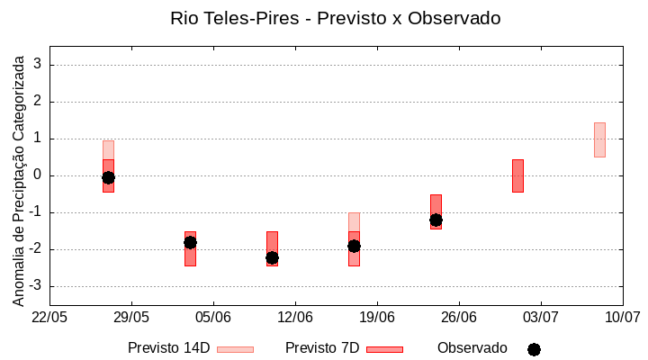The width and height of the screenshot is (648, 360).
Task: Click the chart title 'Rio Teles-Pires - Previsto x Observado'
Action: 335,18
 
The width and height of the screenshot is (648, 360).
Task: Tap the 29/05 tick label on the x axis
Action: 131,318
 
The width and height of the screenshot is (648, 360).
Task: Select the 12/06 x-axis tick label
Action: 295,318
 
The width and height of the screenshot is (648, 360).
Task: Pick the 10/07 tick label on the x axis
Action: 622,318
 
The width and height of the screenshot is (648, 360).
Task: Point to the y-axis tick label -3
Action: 36,286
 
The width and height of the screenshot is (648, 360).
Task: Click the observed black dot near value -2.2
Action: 272,257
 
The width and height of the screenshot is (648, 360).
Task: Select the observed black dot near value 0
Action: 108,177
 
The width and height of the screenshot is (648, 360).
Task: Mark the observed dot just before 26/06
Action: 436,220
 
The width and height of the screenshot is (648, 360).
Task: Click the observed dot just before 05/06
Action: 190,242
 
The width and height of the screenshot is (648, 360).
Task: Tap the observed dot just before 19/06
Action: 354,246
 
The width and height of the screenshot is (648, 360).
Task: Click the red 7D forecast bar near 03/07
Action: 517,175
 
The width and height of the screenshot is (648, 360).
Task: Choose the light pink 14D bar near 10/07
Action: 599,139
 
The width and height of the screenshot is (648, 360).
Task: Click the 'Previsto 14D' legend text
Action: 168,348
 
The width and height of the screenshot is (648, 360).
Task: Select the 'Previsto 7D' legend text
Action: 322,348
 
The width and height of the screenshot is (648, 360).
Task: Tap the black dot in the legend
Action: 534,349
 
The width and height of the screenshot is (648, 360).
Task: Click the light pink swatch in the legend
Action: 235,349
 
